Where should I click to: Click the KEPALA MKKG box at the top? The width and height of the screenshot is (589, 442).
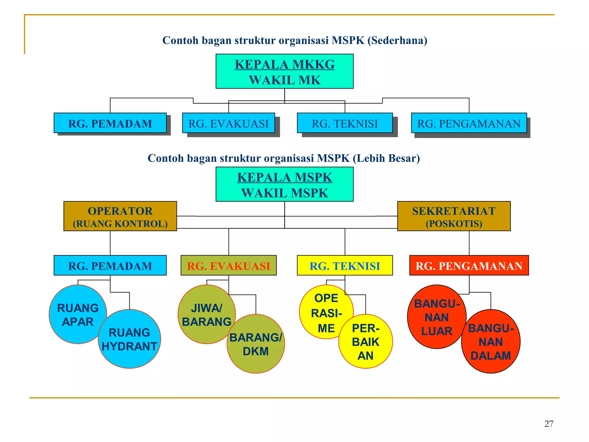[284, 71]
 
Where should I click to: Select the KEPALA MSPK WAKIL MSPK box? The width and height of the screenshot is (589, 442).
[284, 184]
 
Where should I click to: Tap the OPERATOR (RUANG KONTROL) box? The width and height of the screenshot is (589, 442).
[120, 216]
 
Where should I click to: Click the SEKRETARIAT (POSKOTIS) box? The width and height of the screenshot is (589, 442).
[454, 216]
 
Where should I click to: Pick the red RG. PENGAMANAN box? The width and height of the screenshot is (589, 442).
[469, 266]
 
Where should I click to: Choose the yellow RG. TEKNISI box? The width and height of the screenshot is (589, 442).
[345, 266]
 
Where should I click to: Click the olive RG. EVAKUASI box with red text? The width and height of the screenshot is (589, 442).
[228, 266]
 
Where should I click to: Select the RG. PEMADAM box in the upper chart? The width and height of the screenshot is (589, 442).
[110, 123]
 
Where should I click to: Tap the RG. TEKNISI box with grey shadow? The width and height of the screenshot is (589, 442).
[345, 123]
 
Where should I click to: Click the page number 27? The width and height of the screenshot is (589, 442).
[549, 424]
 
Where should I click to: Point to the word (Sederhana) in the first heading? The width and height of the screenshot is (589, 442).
[397, 40]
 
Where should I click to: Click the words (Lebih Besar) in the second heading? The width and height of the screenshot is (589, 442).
[386, 158]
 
